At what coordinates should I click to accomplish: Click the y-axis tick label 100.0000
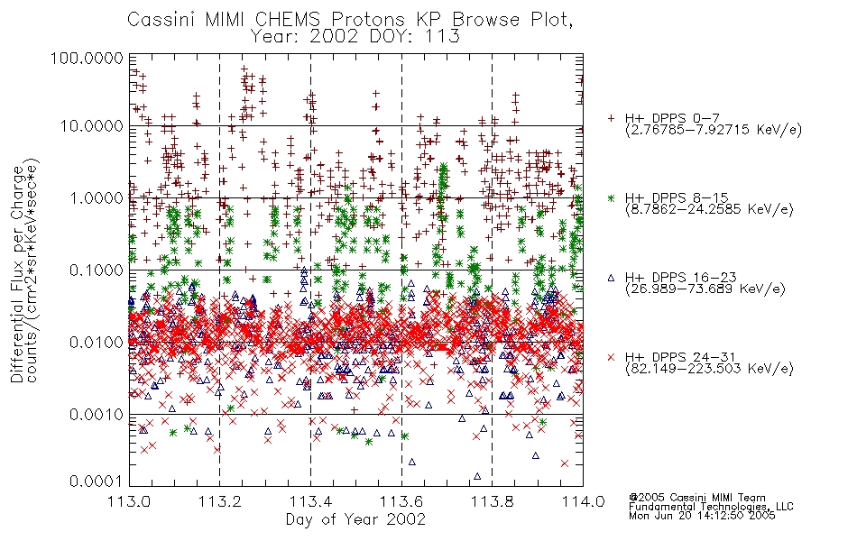coord(87,58)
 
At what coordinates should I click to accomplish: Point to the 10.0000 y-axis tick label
coord(91,126)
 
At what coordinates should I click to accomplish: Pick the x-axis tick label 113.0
coord(130,501)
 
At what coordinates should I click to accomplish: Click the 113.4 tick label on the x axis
coord(310,501)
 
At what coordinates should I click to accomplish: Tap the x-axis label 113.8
coord(492,501)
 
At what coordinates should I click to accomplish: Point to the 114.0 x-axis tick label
coord(583,501)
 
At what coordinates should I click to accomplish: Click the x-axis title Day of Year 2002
coord(355,519)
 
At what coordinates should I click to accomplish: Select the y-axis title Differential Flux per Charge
coord(17,274)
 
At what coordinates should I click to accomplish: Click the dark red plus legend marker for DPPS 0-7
coord(612,118)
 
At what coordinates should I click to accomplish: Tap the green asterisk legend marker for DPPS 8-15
coord(611,197)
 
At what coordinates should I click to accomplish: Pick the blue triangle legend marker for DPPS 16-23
coord(611,278)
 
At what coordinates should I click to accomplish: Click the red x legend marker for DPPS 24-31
coord(611,357)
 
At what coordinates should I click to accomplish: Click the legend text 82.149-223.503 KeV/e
coord(709,369)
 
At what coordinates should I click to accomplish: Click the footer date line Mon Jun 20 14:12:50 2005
coord(702,516)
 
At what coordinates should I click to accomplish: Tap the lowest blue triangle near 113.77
coord(477,476)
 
